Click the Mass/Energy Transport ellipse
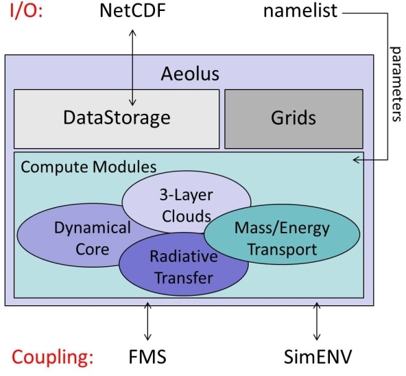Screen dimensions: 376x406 pos(281,237)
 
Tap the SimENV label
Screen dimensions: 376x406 pos(316,358)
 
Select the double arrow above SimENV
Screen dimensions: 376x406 pos(316,320)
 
